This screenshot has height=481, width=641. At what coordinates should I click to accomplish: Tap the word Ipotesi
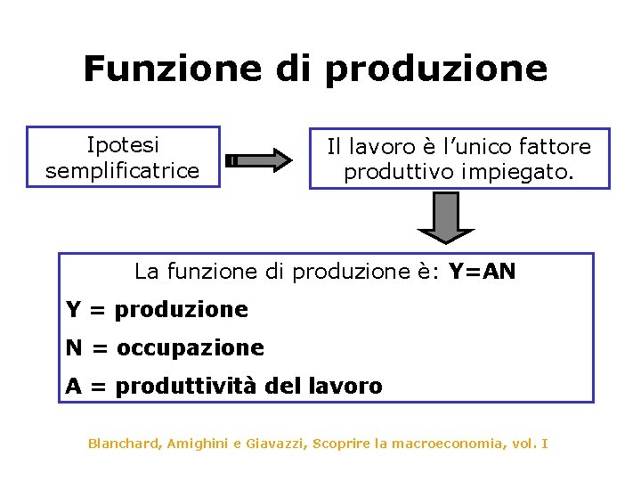click(122, 145)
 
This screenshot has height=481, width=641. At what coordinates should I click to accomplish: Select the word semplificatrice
click(122, 170)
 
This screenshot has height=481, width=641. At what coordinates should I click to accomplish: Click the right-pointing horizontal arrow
click(259, 160)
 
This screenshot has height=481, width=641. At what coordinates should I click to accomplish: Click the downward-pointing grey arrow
click(447, 217)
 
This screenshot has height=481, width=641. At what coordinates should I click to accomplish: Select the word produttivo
click(401, 171)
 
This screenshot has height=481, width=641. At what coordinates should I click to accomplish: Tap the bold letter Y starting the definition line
click(74, 310)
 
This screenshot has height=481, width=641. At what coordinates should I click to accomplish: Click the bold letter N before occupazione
click(74, 347)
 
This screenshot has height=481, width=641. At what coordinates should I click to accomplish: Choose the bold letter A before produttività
click(74, 386)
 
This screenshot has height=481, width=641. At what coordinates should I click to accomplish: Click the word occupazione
click(190, 347)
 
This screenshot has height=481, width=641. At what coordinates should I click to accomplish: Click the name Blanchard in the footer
click(121, 443)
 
